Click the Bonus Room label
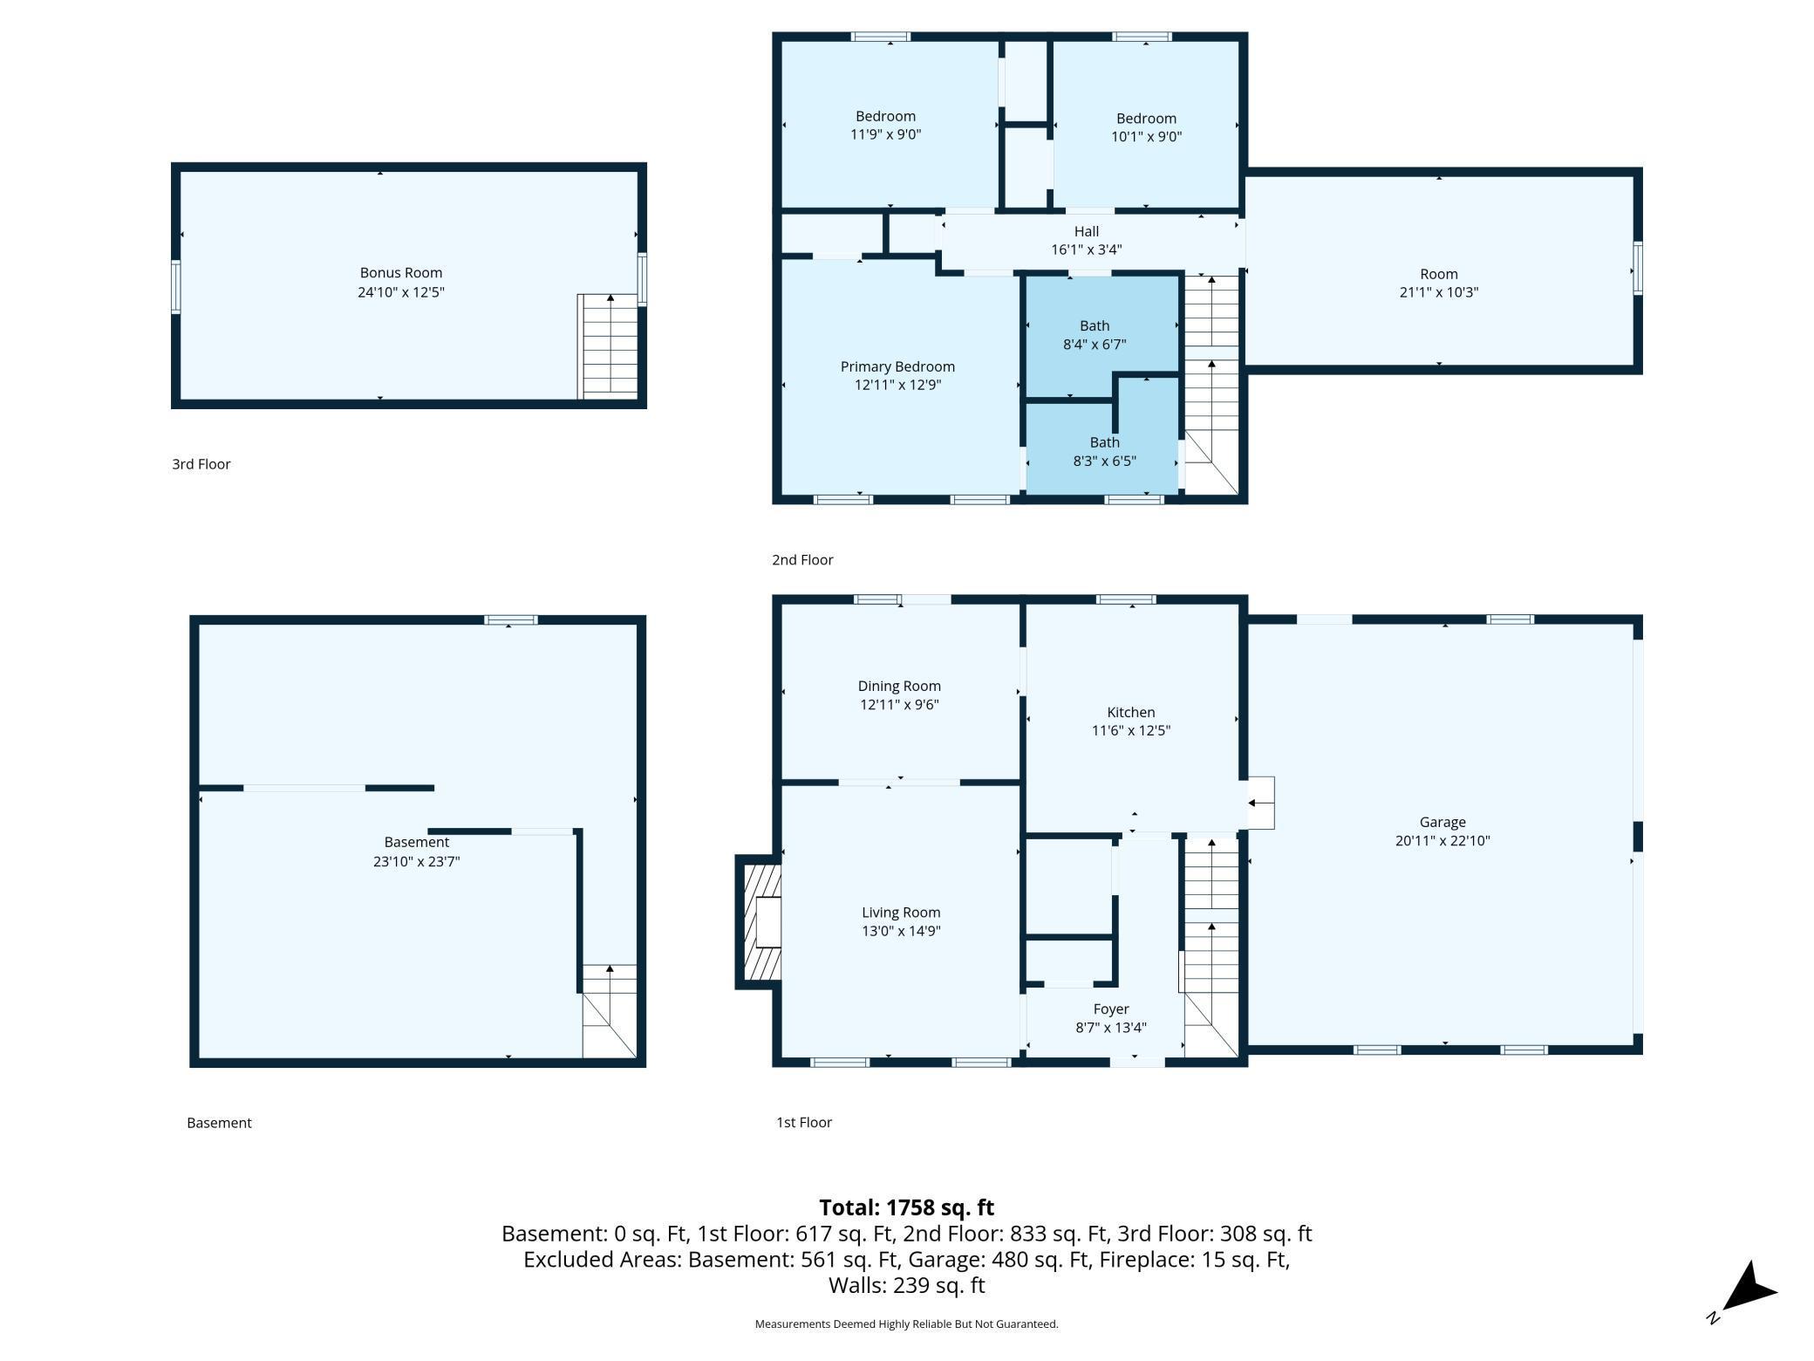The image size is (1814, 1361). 401,273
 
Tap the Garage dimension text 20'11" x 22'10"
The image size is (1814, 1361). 1442,841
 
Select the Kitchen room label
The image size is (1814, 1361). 1131,713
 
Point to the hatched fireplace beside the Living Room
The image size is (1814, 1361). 759,922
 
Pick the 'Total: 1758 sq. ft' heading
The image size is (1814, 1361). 907,1207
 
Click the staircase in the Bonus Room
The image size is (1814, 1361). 608,346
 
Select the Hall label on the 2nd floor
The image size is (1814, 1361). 1087,231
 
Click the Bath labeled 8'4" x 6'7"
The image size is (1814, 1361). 1095,335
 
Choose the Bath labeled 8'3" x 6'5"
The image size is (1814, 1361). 1105,452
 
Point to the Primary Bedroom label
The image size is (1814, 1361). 897,366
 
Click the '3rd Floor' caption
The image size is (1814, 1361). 201,464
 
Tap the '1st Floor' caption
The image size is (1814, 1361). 804,1123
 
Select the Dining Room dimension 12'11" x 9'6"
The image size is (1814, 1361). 899,705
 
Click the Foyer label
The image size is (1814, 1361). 1111,1009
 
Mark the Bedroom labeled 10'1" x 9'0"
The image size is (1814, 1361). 1147,127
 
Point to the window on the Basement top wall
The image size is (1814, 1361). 511,620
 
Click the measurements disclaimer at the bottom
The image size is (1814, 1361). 907,1324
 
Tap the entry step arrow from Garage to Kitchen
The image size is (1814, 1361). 1260,803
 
